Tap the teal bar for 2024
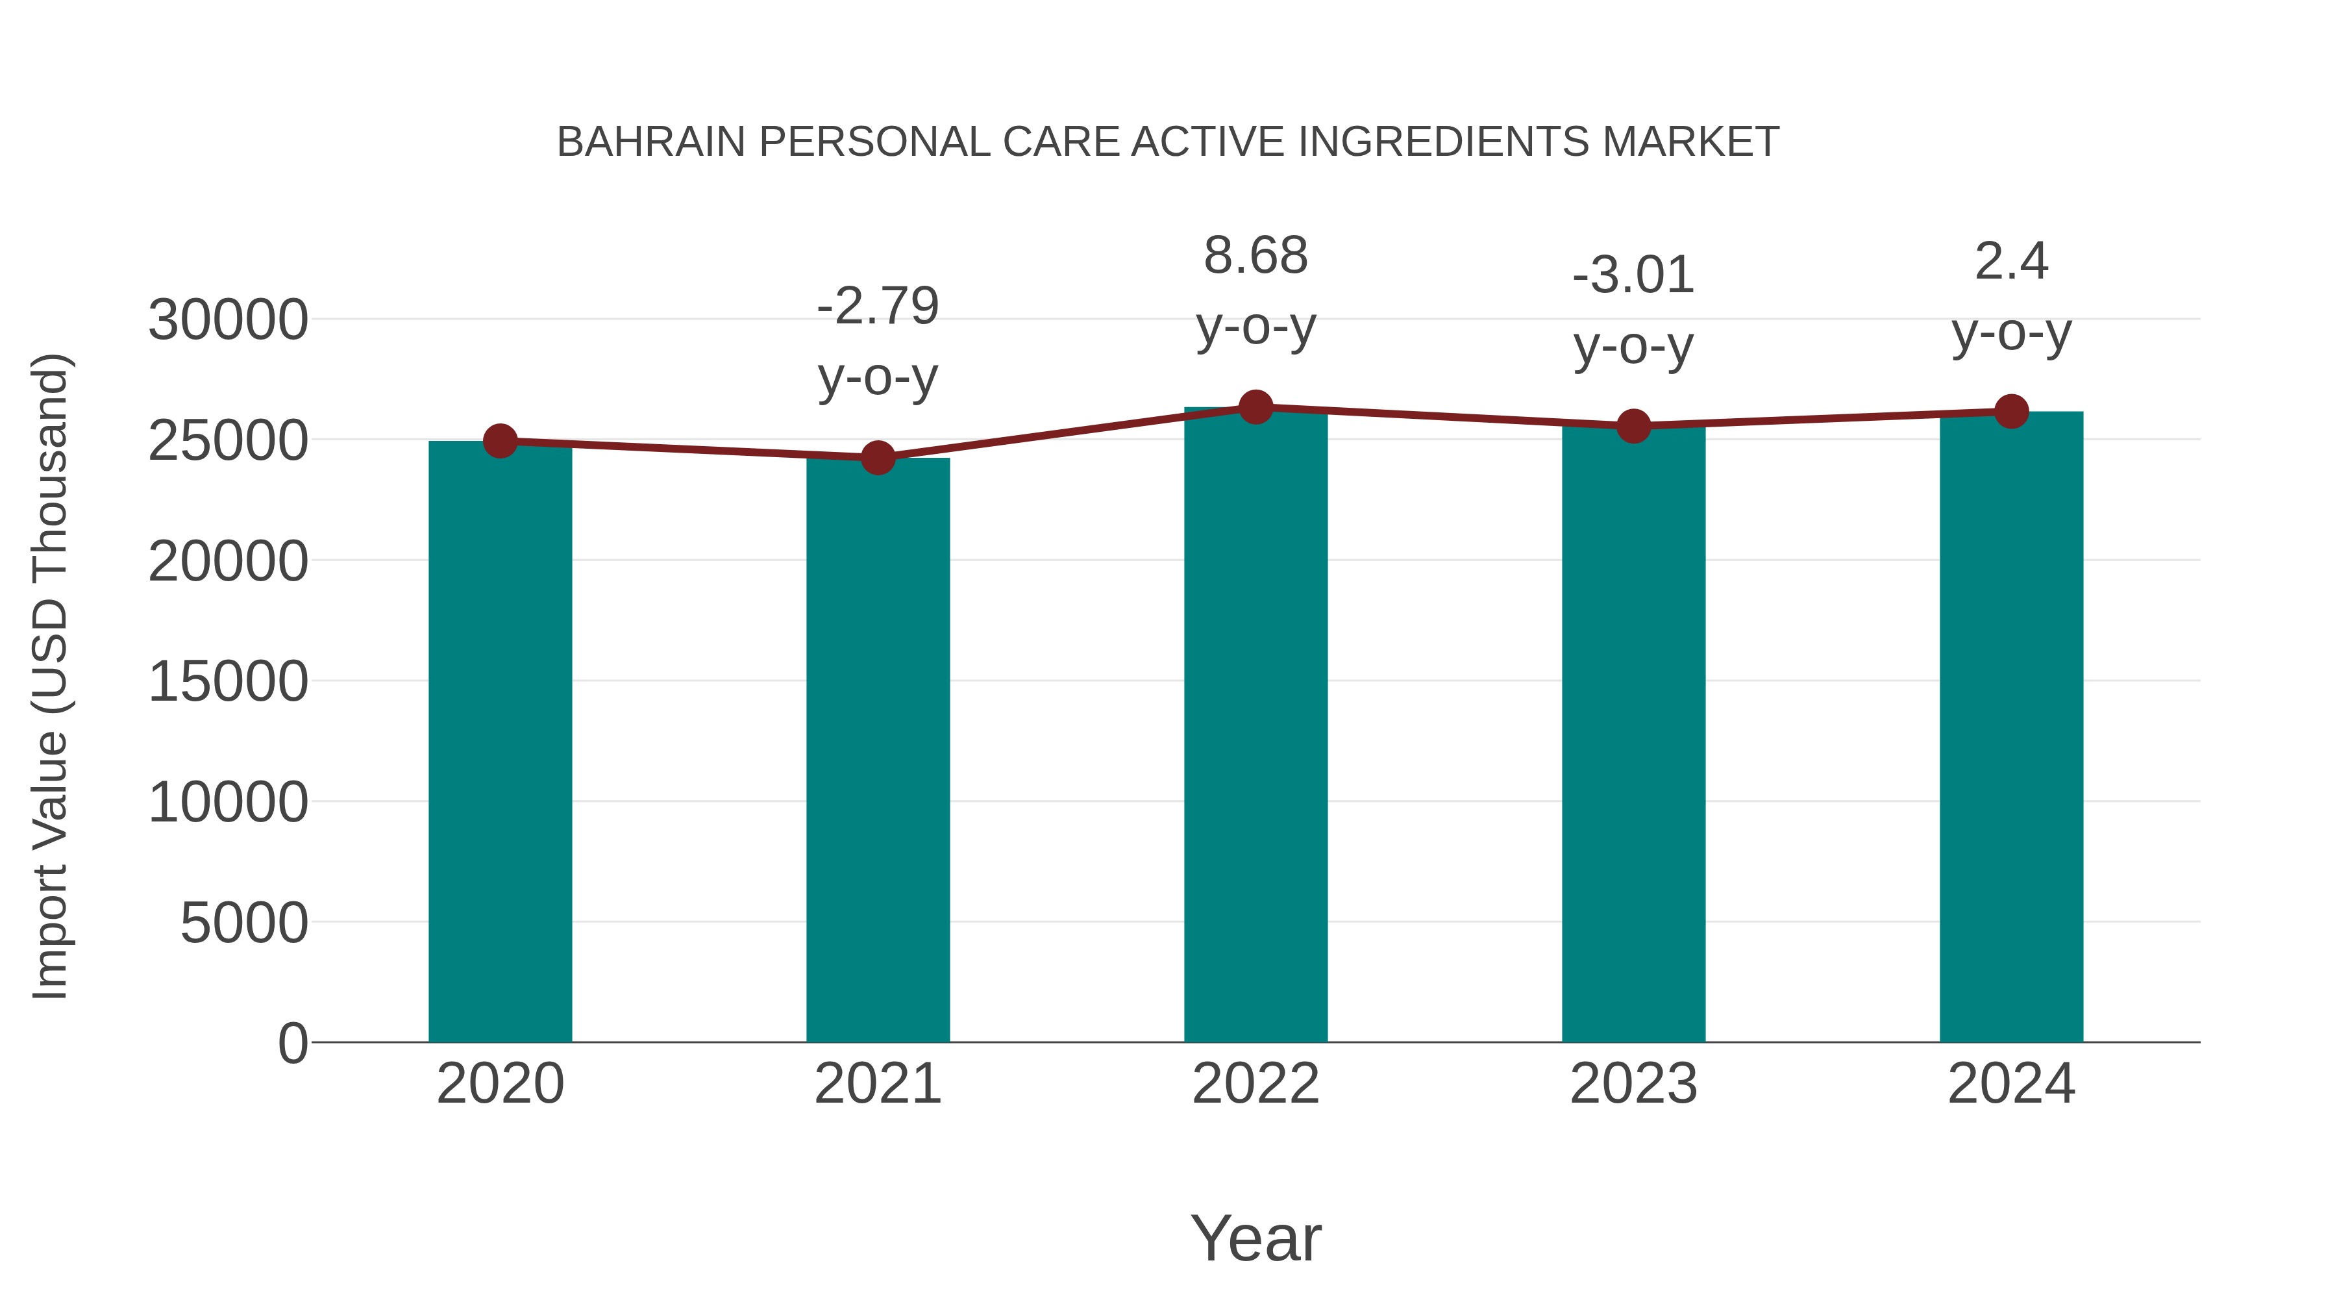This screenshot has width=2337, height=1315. [x=2011, y=726]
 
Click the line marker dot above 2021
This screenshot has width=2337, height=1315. [x=877, y=458]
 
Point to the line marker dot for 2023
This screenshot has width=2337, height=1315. [x=1633, y=425]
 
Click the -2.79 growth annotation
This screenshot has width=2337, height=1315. [x=877, y=306]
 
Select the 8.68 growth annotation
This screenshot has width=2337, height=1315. [x=1255, y=256]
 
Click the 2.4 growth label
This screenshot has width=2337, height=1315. [x=2011, y=262]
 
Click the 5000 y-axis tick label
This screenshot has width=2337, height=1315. [x=244, y=924]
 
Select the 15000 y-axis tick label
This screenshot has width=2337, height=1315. [x=228, y=682]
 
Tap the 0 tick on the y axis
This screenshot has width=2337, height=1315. [x=292, y=1044]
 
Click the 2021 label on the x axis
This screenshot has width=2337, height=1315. [x=877, y=1084]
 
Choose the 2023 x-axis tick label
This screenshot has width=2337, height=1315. [x=1633, y=1084]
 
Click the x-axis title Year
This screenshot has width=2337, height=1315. [x=1255, y=1239]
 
